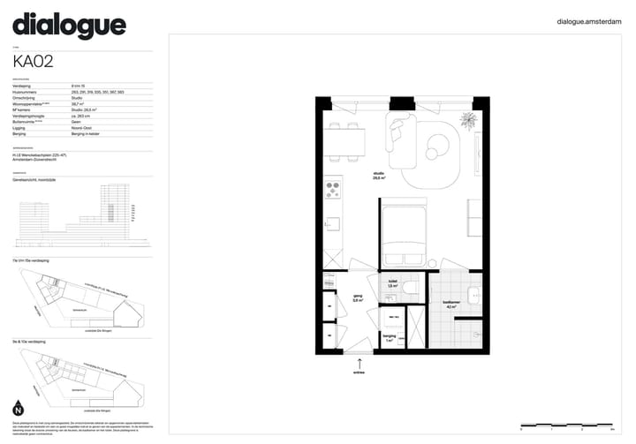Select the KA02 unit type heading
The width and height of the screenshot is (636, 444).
[x=34, y=62]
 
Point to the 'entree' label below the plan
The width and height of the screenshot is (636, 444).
[x=359, y=373]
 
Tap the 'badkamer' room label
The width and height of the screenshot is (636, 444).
[x=450, y=305]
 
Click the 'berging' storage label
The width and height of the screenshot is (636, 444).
[x=389, y=338]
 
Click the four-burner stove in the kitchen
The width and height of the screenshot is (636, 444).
[x=333, y=189]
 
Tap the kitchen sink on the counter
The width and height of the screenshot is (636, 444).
[x=332, y=225]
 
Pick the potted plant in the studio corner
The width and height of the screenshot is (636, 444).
[x=467, y=119]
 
